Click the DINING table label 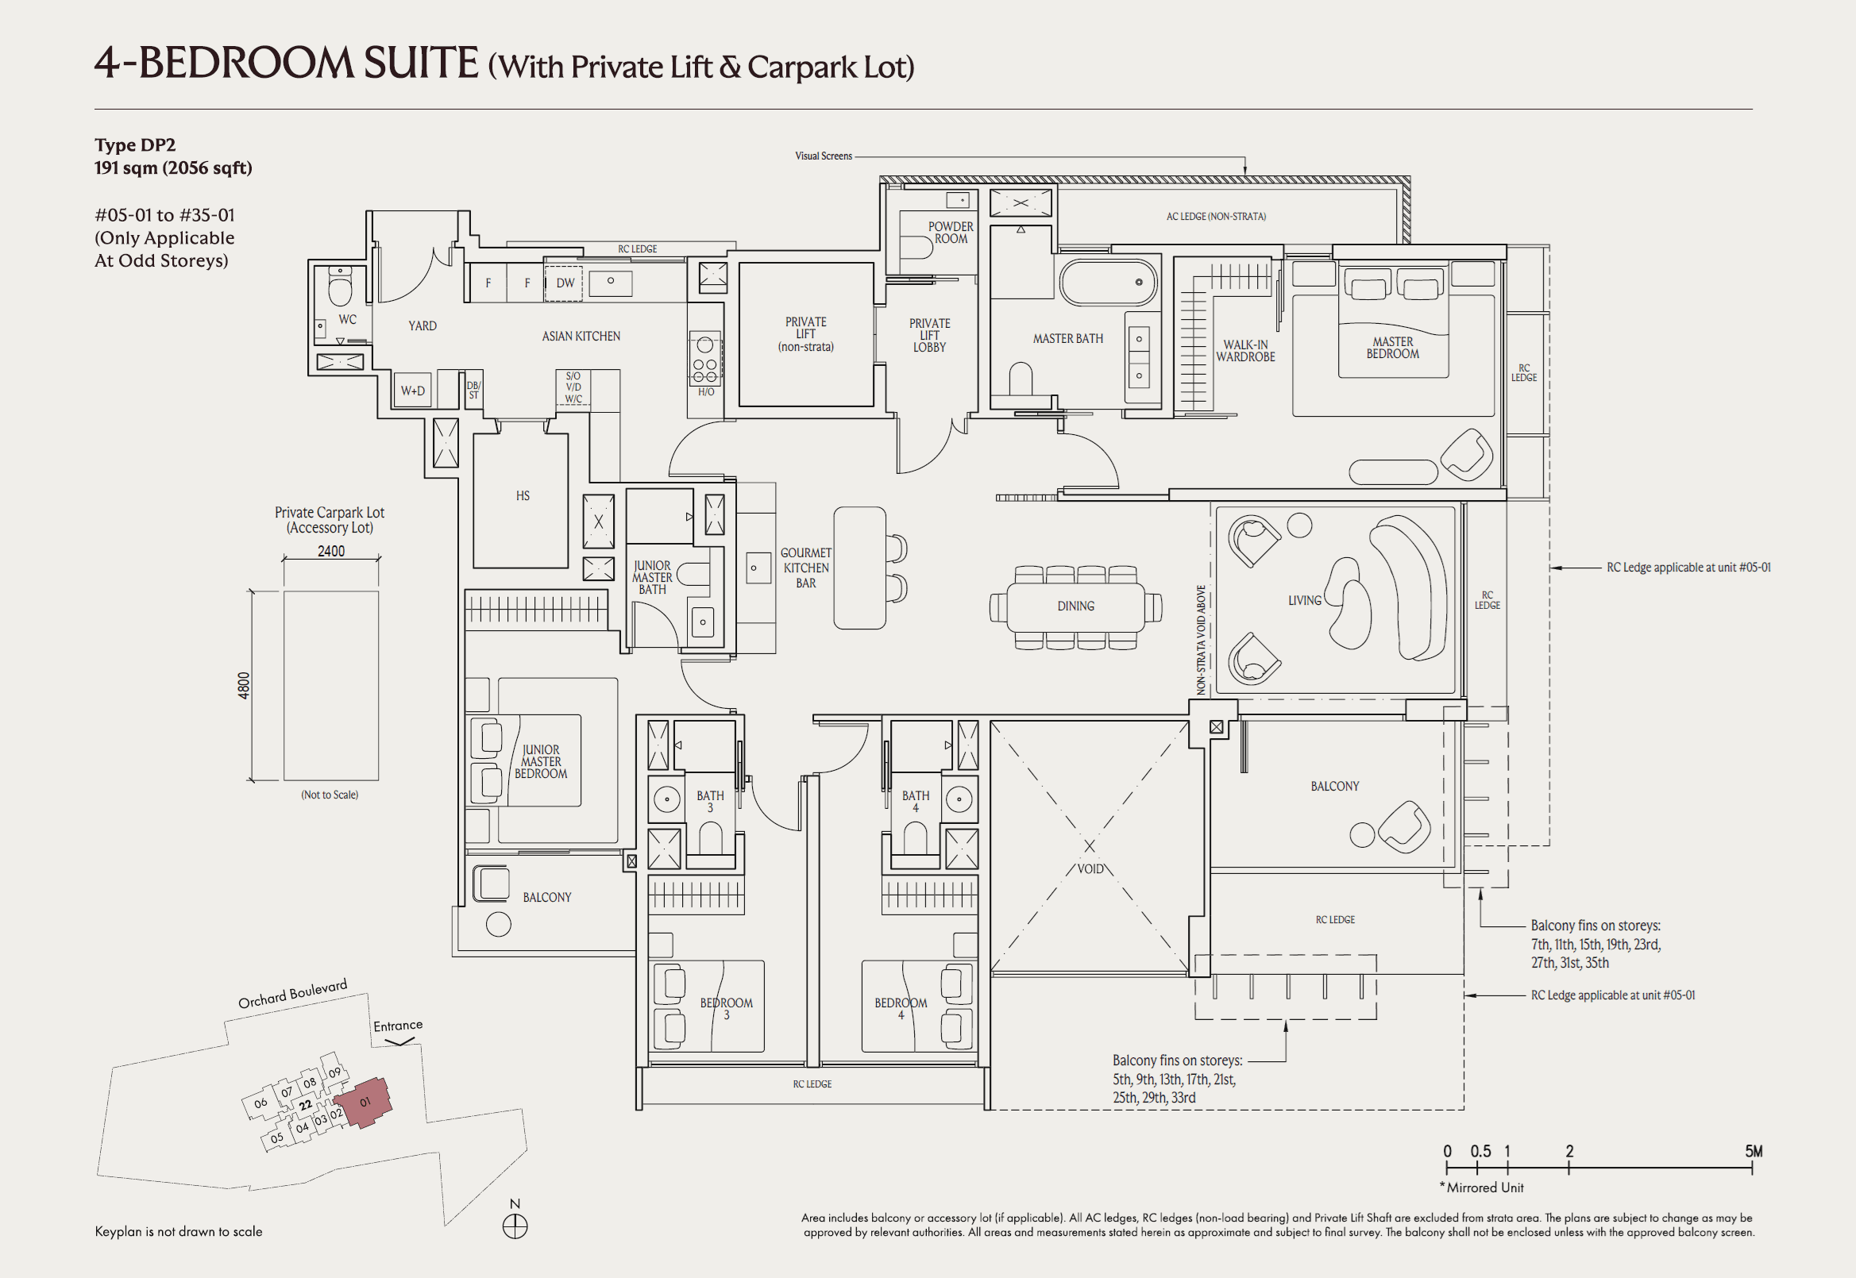coord(1075,606)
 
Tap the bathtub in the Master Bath coord(1107,283)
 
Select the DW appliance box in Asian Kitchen coord(564,283)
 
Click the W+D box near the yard coord(412,391)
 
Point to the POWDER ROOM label coord(950,233)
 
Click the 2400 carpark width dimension coord(331,551)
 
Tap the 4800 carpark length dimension coord(244,686)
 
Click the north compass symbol coord(515,1226)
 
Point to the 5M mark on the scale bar coord(1753,1152)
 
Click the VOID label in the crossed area coord(1090,869)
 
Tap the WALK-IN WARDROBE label coord(1244,351)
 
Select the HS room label coord(523,495)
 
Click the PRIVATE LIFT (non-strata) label coord(805,334)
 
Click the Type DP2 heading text coord(134,145)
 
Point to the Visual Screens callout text coord(823,156)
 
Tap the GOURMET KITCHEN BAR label coord(805,568)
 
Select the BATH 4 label coord(915,802)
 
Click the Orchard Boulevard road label coord(292,994)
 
